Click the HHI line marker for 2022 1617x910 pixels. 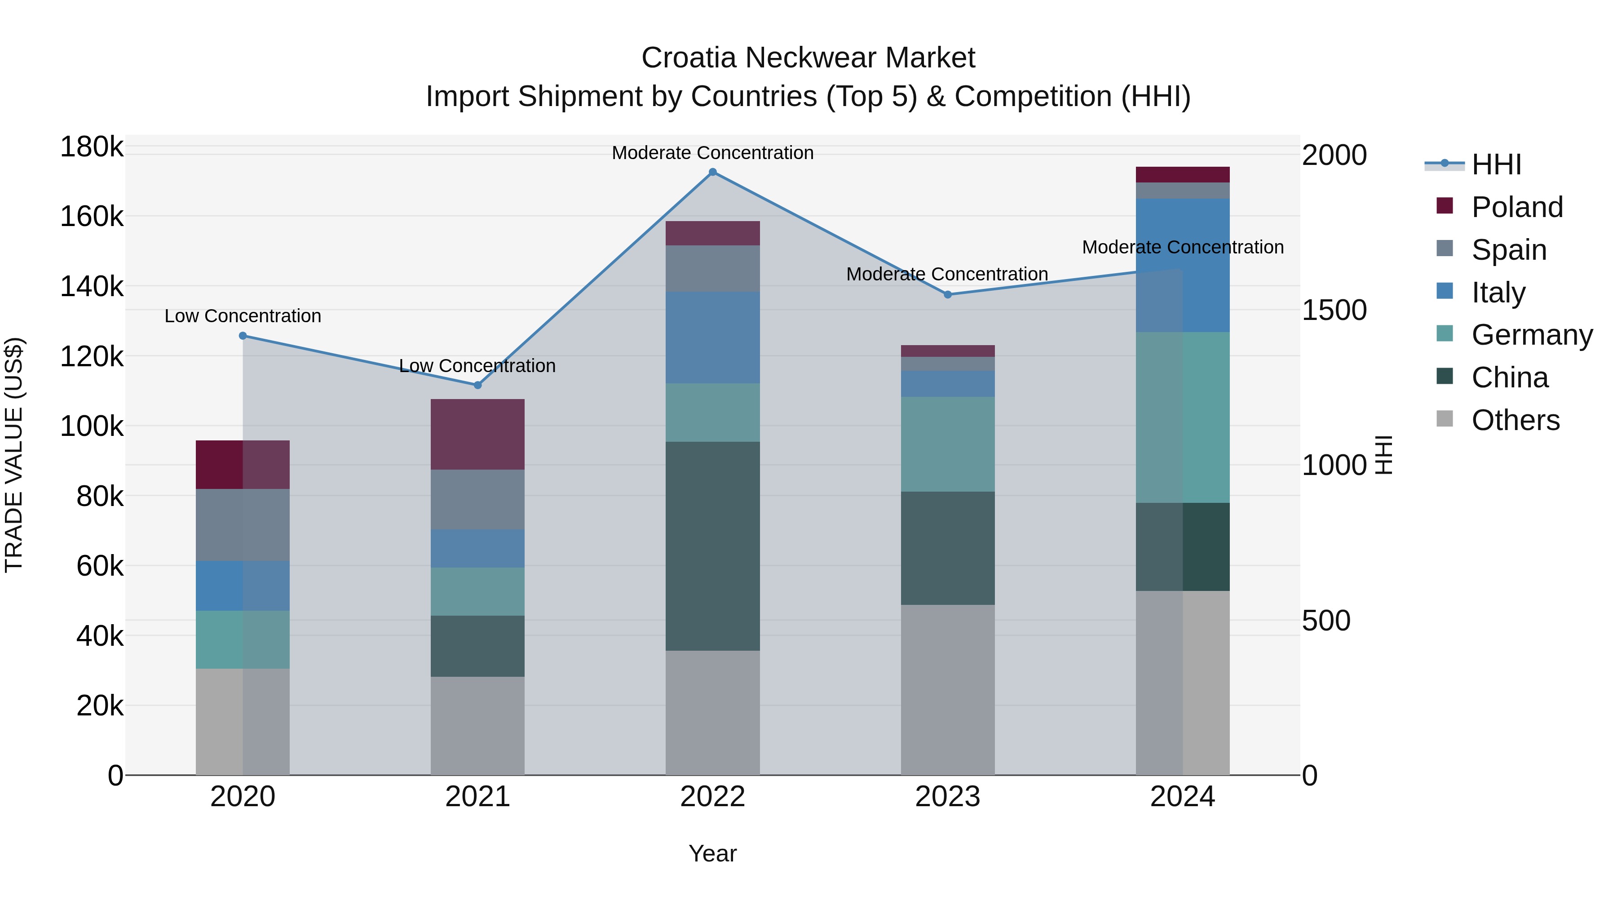point(712,172)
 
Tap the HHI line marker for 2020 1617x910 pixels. point(243,336)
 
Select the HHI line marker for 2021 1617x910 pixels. point(478,385)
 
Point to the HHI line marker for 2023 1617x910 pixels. point(948,294)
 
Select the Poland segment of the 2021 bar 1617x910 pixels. point(478,434)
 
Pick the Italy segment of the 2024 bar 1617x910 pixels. point(1183,265)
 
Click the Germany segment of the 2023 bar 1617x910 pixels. point(948,444)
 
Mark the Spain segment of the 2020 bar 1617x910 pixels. point(243,524)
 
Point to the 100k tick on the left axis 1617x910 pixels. point(92,426)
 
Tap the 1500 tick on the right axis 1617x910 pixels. point(1334,310)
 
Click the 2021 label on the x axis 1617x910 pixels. point(478,797)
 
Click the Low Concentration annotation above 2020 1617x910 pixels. point(243,316)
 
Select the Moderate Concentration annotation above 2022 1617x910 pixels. point(712,153)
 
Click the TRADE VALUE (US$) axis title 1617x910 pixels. point(14,455)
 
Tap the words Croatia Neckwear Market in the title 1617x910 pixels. point(808,58)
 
